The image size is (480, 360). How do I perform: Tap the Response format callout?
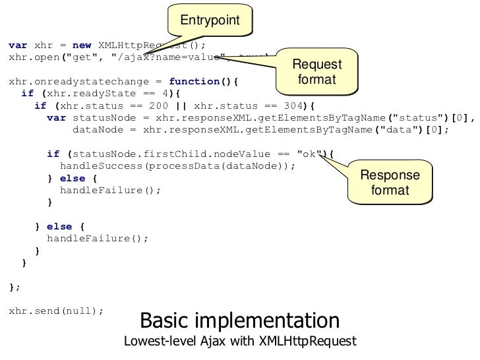pyautogui.click(x=390, y=183)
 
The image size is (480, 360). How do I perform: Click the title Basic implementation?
pyautogui.click(x=240, y=321)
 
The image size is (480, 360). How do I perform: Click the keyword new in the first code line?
pyautogui.click(x=82, y=45)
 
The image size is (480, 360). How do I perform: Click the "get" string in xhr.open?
pyautogui.click(x=80, y=57)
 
